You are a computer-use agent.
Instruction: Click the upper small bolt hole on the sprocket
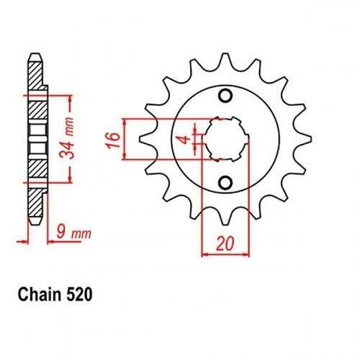pyautogui.click(x=225, y=96)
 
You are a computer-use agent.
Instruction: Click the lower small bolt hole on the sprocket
pyautogui.click(x=225, y=183)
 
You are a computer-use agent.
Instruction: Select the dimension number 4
pyautogui.click(x=185, y=140)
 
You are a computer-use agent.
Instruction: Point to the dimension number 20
pyautogui.click(x=225, y=243)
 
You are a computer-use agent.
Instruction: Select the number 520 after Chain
pyautogui.click(x=79, y=294)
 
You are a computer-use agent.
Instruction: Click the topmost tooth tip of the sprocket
pyautogui.click(x=225, y=54)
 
